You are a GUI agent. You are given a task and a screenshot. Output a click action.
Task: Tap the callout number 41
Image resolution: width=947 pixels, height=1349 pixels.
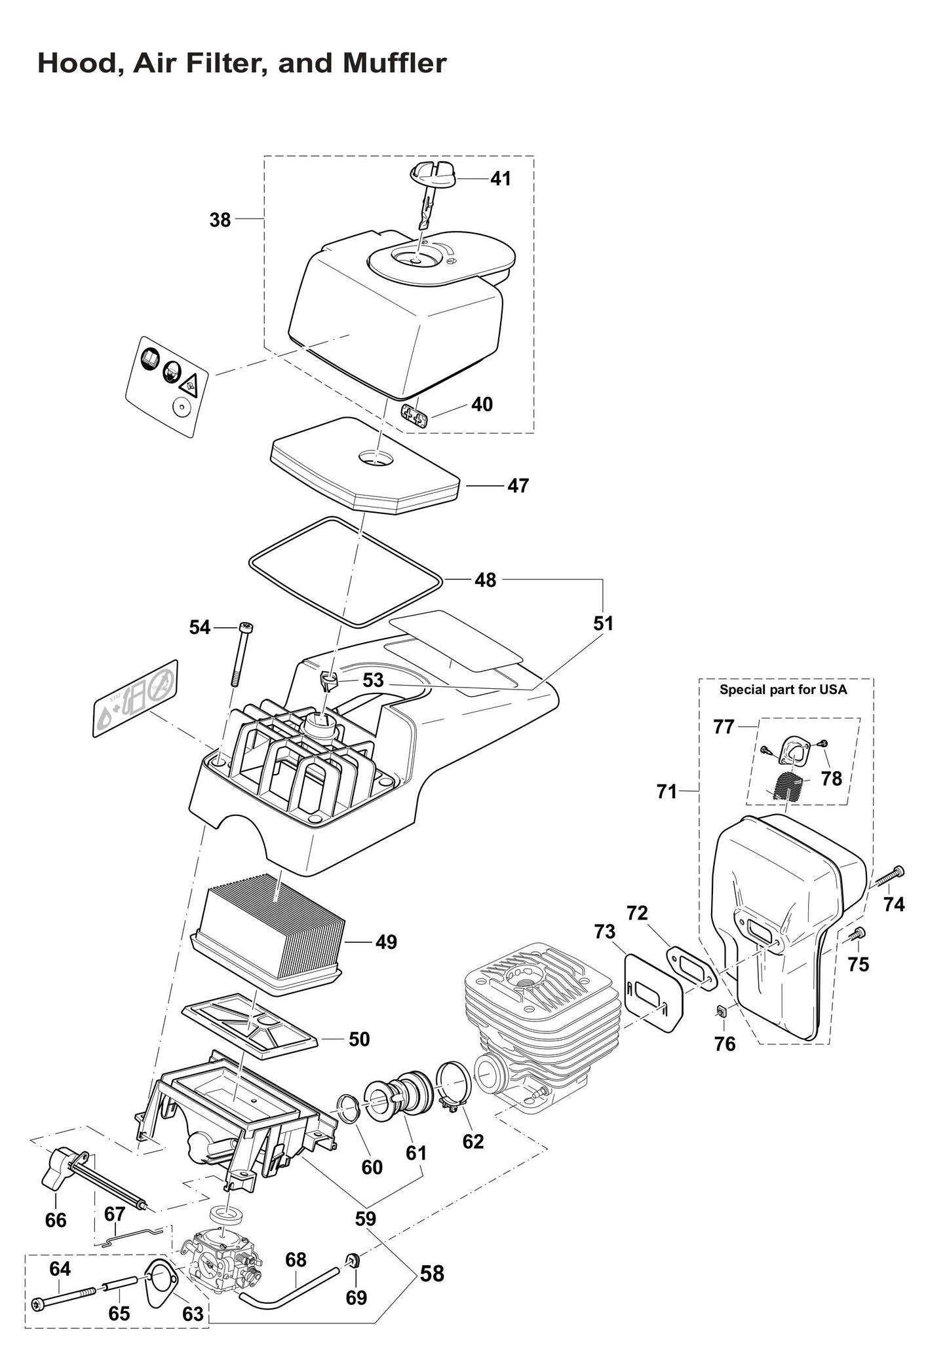point(501,178)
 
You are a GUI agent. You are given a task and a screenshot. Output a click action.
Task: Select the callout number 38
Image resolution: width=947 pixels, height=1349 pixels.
point(220,220)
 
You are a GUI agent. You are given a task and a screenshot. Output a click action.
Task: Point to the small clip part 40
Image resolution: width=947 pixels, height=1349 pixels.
point(413,415)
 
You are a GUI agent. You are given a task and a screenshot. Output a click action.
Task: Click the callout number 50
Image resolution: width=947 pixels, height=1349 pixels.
point(359,1039)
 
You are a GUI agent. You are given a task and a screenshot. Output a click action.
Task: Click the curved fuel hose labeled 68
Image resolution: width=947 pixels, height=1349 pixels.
point(288,1288)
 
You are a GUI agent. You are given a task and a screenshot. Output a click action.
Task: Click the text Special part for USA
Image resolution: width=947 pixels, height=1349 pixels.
point(783,690)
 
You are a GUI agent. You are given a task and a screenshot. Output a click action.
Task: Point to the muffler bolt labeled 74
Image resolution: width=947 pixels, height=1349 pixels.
point(888,876)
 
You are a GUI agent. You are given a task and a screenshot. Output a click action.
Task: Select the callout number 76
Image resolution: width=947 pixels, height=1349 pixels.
point(725,1043)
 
